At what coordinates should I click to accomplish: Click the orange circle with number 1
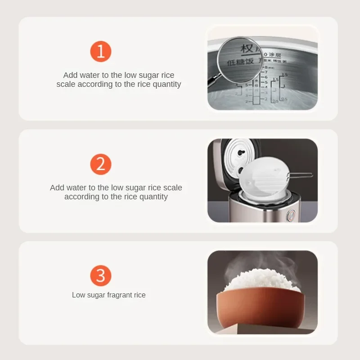[x=100, y=51]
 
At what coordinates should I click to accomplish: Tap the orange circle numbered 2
[x=100, y=164]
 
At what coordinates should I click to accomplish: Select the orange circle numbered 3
[x=100, y=275]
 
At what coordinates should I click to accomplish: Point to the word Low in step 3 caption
[x=78, y=295]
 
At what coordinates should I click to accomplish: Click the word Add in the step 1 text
[x=70, y=75]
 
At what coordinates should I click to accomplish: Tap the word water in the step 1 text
[x=90, y=75]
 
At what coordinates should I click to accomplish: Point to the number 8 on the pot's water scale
[x=266, y=67]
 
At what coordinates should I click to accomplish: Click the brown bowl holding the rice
[x=259, y=310]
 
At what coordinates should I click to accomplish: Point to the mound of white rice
[x=261, y=281]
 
